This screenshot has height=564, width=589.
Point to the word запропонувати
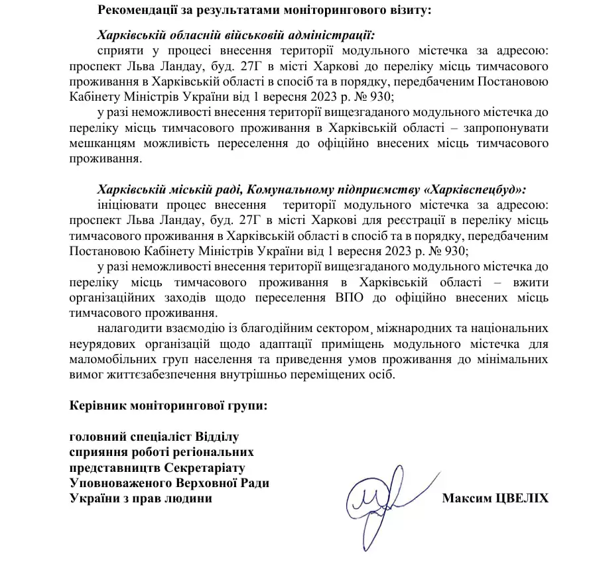(x=508, y=127)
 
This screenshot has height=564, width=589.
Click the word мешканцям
(x=98, y=142)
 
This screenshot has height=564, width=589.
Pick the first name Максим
(x=467, y=498)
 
